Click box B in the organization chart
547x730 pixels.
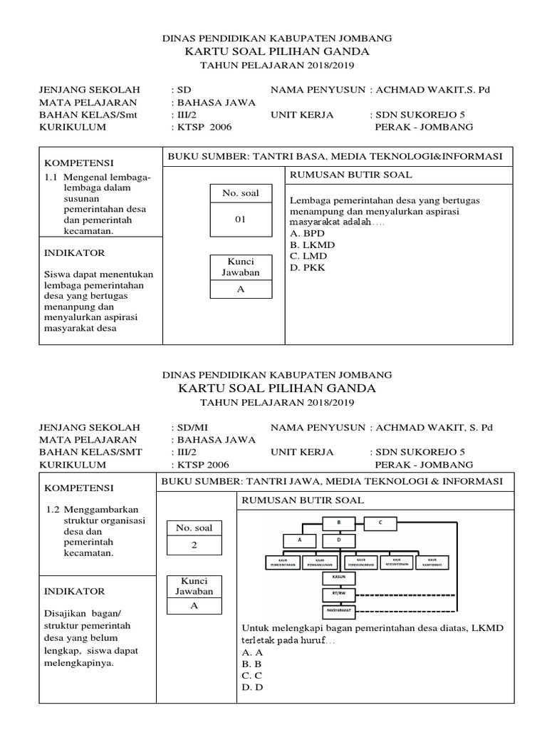340,523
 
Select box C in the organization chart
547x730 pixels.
380,523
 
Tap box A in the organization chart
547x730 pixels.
300,540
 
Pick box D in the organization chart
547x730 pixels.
339,540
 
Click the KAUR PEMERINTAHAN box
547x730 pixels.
283,562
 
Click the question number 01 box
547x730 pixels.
240,220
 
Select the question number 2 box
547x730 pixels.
194,545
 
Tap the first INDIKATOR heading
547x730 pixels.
75,252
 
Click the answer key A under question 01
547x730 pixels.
240,289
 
